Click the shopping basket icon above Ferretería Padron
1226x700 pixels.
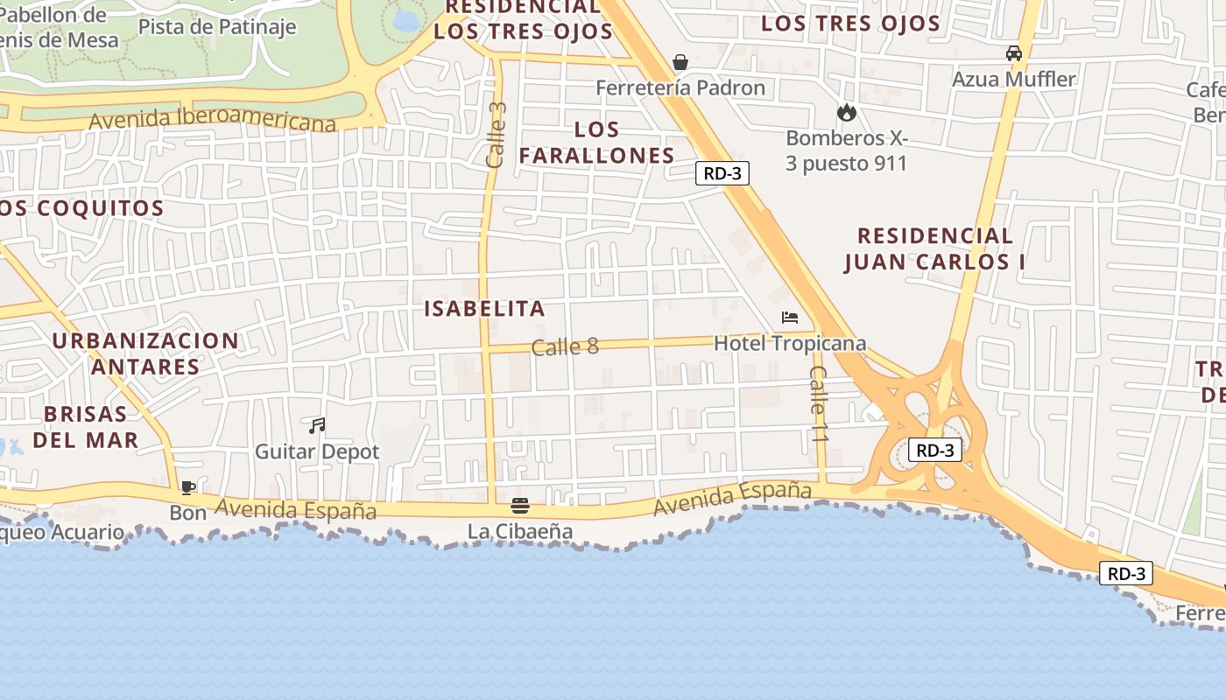click(x=680, y=62)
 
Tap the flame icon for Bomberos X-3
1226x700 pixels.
click(x=846, y=112)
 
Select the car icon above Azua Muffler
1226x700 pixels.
click(x=1014, y=53)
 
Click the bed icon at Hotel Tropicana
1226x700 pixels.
click(x=790, y=318)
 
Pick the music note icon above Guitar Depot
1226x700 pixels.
click(x=317, y=426)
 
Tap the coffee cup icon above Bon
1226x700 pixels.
click(x=187, y=487)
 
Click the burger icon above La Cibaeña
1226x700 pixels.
click(x=520, y=506)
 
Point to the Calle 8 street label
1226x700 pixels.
click(x=565, y=346)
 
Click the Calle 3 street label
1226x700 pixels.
click(x=497, y=135)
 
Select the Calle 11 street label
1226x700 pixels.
click(x=819, y=403)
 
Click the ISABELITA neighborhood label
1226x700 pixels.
click(x=484, y=308)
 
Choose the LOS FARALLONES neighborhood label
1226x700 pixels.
click(x=597, y=143)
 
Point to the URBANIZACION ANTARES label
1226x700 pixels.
click(x=145, y=353)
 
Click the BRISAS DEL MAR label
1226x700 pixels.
click(x=86, y=427)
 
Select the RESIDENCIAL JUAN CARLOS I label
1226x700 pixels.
click(x=934, y=248)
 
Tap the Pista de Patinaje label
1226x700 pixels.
click(x=217, y=26)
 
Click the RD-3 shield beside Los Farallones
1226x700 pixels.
click(x=722, y=173)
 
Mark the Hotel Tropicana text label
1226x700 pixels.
click(x=790, y=344)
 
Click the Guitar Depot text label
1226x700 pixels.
click(x=317, y=451)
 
